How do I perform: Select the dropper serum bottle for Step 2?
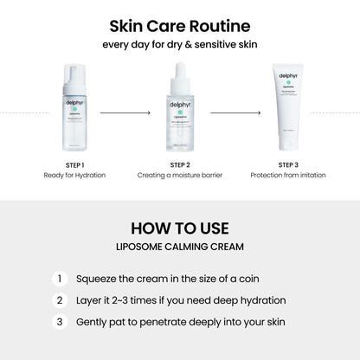coord(179,117)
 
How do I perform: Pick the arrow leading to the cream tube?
coord(235,112)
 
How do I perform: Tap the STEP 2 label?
coord(179,164)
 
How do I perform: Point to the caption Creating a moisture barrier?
coord(179,176)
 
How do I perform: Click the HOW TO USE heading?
coord(179,228)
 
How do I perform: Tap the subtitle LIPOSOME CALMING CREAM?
coord(179,247)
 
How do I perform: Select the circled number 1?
coord(60,279)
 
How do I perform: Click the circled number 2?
coord(60,300)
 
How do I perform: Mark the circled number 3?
coord(60,322)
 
